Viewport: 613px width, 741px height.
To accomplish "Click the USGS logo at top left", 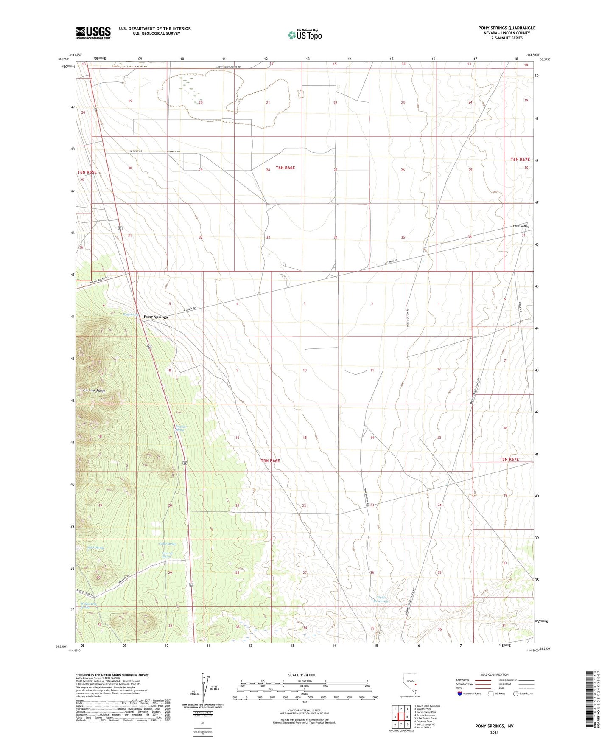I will pos(93,33).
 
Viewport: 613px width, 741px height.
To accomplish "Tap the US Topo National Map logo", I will pos(305,34).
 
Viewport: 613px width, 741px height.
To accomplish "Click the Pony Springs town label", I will pos(155,317).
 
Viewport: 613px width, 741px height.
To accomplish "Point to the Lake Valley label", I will pos(521,226).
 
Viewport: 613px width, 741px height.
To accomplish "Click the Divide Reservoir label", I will pos(381,599).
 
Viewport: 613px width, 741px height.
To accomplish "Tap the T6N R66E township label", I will pos(285,168).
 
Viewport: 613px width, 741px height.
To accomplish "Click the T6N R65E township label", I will pos(87,172).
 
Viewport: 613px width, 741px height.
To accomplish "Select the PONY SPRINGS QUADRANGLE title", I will pos(507,28).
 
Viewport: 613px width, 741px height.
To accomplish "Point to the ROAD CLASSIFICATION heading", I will pos(482,674).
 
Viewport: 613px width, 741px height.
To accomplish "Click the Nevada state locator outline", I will pos(410,684).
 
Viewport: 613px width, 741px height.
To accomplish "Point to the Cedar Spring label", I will pos(167,544).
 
